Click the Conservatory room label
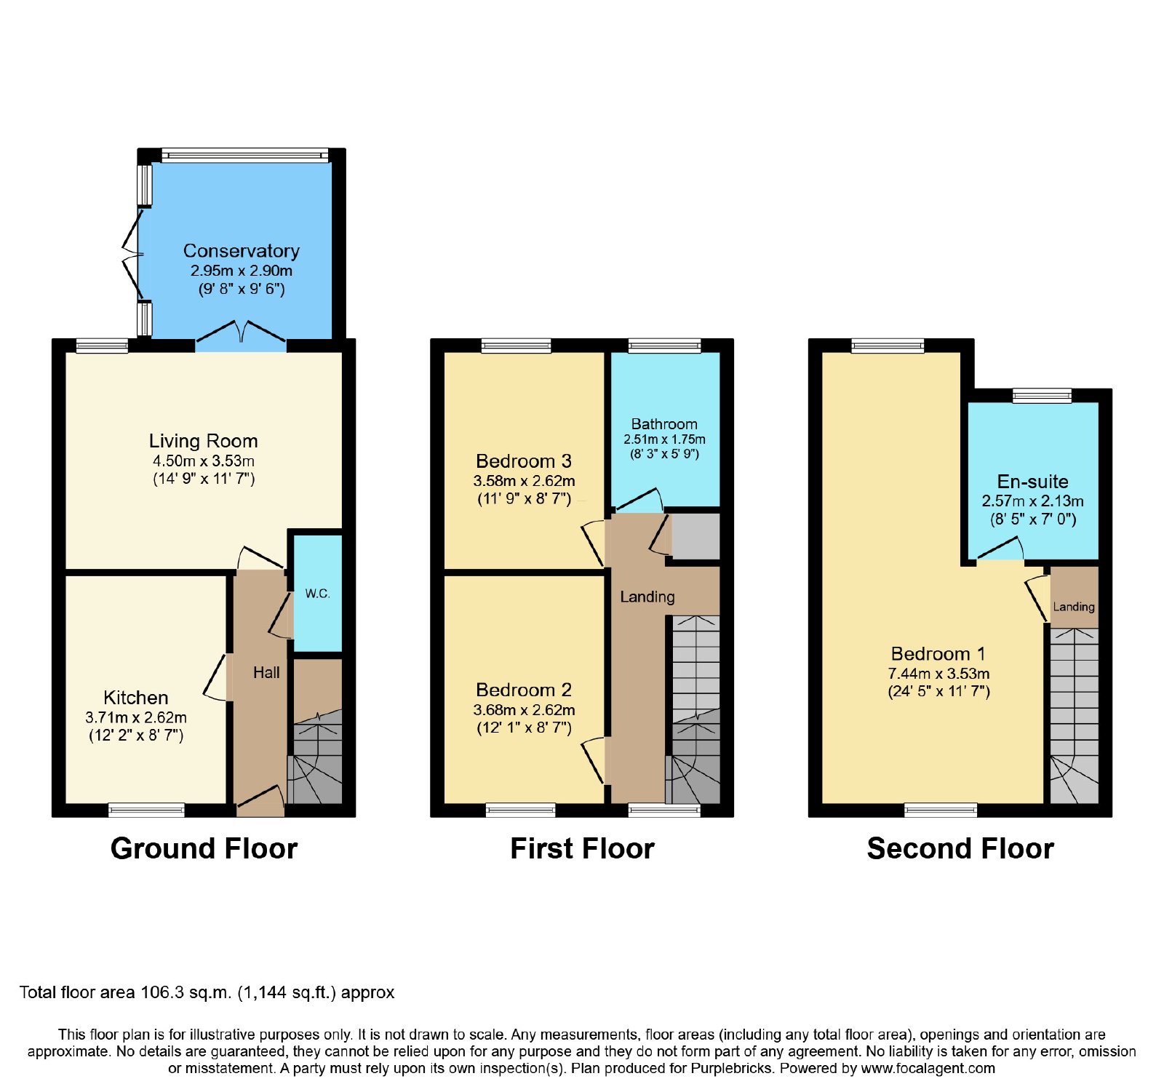[x=242, y=251]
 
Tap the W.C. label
[x=317, y=594]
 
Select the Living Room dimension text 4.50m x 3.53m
[x=204, y=461]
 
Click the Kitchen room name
[x=136, y=698]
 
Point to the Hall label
[x=266, y=673]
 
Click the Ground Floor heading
[x=204, y=849]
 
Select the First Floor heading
[x=582, y=849]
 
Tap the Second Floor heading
[x=960, y=849]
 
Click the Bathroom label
[x=664, y=424]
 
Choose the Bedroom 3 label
[x=524, y=461]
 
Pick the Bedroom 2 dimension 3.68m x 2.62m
[x=524, y=710]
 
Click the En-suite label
[x=1033, y=482]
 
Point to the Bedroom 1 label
[x=938, y=654]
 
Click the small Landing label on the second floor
[x=1074, y=607]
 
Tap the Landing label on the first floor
[x=647, y=597]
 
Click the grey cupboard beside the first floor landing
[x=695, y=537]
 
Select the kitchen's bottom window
[x=146, y=810]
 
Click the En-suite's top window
[x=1043, y=396]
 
